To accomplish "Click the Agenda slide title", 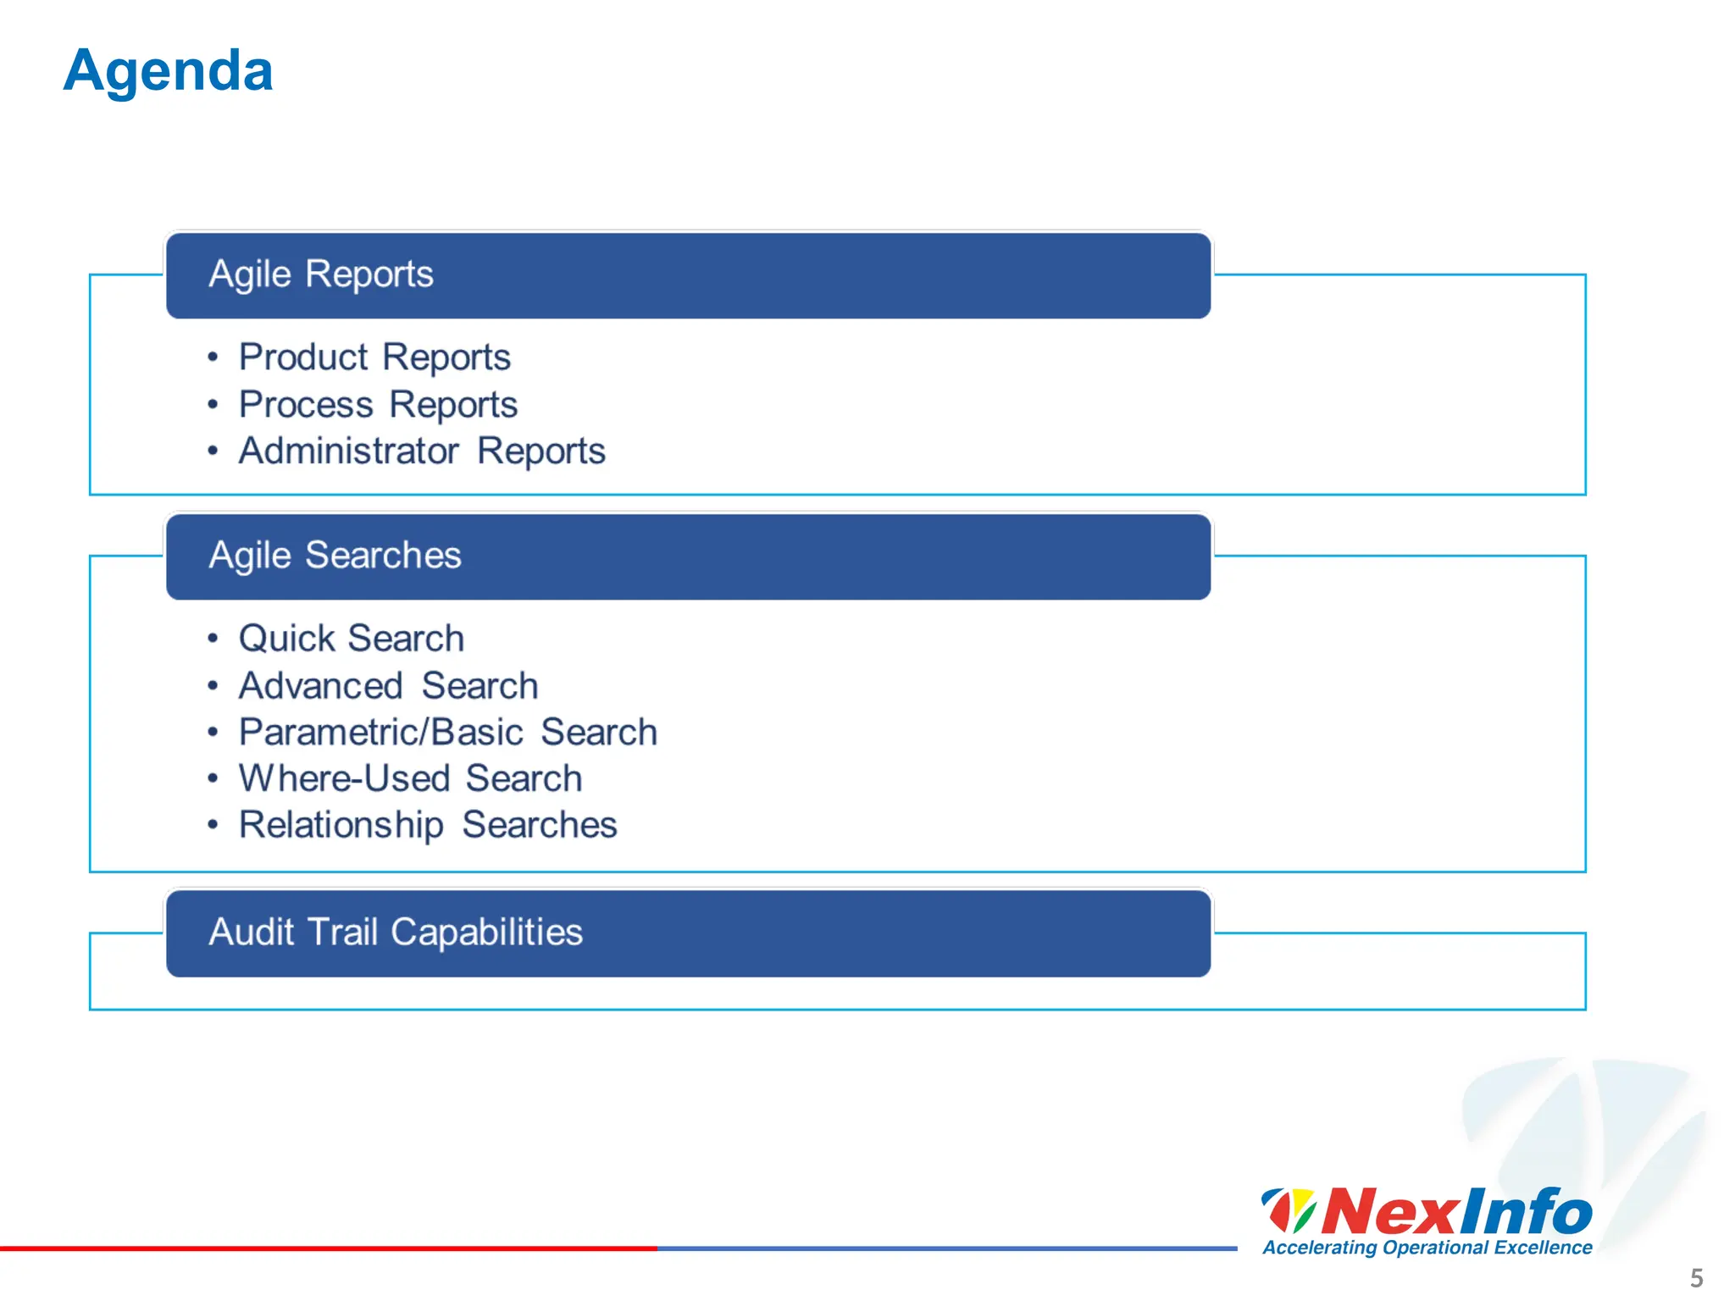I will [168, 71].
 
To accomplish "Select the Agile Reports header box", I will [688, 275].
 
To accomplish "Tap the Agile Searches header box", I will [688, 556].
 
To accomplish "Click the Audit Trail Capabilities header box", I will [688, 933].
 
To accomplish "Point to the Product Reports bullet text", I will [374, 357].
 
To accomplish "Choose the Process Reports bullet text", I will [378, 405].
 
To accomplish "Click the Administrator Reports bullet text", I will [422, 451].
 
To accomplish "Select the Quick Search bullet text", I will [352, 639].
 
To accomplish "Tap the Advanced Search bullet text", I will [388, 686].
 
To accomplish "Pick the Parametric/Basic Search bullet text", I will [447, 733].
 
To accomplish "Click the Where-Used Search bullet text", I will [410, 779].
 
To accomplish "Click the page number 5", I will [1696, 1277].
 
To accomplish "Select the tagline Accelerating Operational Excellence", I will [1427, 1248].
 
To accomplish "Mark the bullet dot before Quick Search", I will [213, 639].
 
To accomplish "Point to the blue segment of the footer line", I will [947, 1248].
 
